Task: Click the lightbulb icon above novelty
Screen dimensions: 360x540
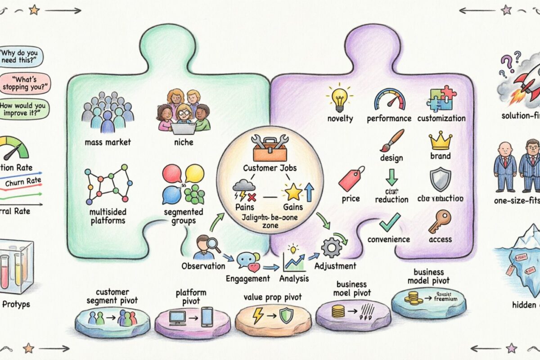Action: point(340,99)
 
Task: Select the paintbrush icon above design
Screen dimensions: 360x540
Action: point(391,141)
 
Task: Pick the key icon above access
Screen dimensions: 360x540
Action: point(439,221)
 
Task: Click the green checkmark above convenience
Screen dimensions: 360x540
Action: point(389,222)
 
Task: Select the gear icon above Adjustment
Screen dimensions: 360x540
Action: point(333,247)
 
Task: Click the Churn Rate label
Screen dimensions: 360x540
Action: point(22,182)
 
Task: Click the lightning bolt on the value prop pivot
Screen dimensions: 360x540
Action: point(258,315)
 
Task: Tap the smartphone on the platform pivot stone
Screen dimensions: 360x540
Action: point(207,316)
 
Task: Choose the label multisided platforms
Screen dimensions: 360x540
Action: point(107,216)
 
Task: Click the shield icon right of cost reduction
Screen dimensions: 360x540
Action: point(439,180)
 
